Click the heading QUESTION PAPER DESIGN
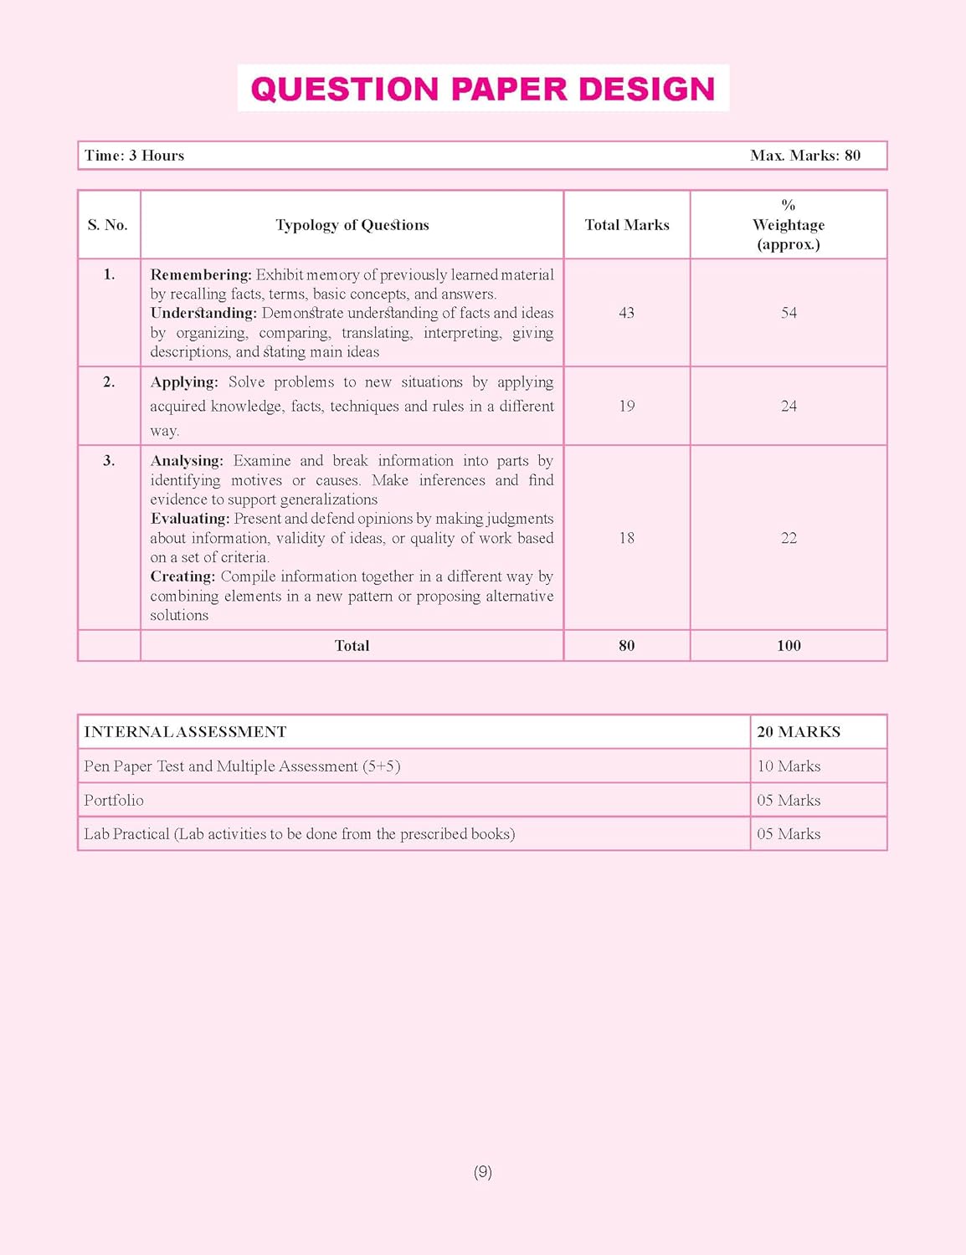(x=483, y=89)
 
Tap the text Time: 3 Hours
(x=134, y=156)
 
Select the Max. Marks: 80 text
(x=804, y=156)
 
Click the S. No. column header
(x=108, y=225)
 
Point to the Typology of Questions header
(x=352, y=225)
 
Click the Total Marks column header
(x=627, y=225)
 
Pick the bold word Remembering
(x=201, y=275)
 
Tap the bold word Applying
(x=184, y=382)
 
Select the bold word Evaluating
(x=190, y=519)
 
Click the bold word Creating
(x=182, y=576)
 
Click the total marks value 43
(x=626, y=313)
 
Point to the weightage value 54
(x=789, y=313)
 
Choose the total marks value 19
(x=626, y=407)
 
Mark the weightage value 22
(x=789, y=538)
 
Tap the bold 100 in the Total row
(x=789, y=646)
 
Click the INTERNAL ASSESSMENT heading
(x=185, y=732)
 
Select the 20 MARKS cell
(x=799, y=732)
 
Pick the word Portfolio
(x=114, y=801)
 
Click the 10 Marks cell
(x=789, y=766)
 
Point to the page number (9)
(x=483, y=1172)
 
